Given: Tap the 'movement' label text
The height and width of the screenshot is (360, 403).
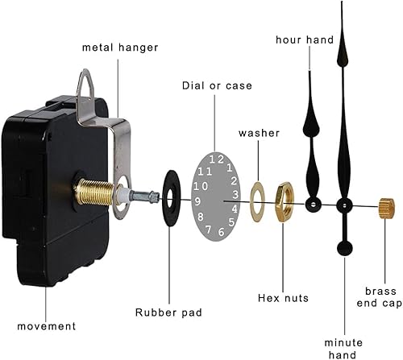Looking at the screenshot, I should [48, 326].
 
